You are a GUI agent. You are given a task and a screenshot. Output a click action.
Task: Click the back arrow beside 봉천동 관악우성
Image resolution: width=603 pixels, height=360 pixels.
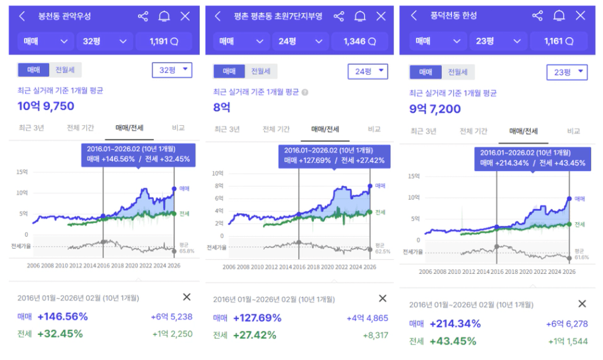coord(23,16)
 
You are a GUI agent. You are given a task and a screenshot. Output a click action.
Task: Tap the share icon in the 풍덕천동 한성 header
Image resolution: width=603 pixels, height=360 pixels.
coord(537,15)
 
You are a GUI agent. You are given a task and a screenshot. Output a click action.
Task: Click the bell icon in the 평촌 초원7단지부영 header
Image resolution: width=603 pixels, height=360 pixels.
coord(360,16)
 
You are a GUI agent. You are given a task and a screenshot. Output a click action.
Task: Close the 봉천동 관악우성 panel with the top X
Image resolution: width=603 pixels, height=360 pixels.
coord(185,16)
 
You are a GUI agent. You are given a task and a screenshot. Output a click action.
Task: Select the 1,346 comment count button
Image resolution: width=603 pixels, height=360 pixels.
coord(361,41)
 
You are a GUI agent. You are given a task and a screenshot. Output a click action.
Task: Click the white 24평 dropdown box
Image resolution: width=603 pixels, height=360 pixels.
coord(367,71)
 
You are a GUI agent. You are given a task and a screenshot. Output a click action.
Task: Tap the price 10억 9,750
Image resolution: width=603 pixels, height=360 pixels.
coord(46,105)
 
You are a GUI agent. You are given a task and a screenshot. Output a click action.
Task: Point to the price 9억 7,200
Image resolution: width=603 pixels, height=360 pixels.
coord(435,109)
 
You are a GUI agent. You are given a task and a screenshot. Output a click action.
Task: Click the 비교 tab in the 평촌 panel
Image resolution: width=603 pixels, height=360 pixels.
coord(374,129)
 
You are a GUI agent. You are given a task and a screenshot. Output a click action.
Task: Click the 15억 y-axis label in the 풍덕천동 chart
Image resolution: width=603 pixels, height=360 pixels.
coord(415,176)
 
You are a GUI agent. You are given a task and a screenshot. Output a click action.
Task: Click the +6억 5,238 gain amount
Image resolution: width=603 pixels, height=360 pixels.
coord(172,317)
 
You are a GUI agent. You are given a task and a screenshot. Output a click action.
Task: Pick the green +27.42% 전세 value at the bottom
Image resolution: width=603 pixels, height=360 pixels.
coord(254,335)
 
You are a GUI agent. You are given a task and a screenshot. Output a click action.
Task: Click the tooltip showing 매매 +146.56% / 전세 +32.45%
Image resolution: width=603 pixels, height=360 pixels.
coord(138,154)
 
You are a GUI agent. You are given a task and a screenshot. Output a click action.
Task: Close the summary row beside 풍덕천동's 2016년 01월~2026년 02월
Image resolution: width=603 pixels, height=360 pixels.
coord(582,304)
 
